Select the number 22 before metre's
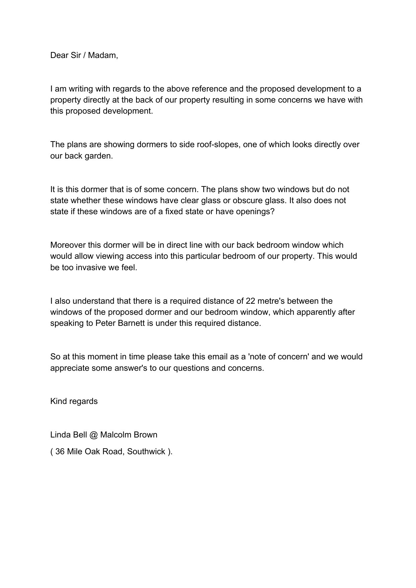(x=250, y=301)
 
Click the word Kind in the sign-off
(x=58, y=401)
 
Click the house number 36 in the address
(x=60, y=452)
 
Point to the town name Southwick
(x=146, y=452)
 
